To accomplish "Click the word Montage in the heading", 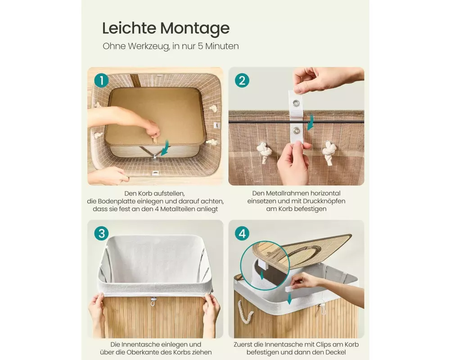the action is [194, 29].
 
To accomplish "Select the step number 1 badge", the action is [102, 81].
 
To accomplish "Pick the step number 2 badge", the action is [242, 81].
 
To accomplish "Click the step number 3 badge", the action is [102, 234].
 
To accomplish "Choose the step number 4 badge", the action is [242, 234].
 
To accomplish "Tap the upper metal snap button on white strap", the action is [296, 103].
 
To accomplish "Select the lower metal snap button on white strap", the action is [296, 131].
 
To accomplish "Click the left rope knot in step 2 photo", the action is [264, 152].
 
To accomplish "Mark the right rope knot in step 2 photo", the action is [329, 152].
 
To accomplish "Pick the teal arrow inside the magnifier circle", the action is [262, 274].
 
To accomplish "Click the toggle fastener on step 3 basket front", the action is [153, 301].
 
